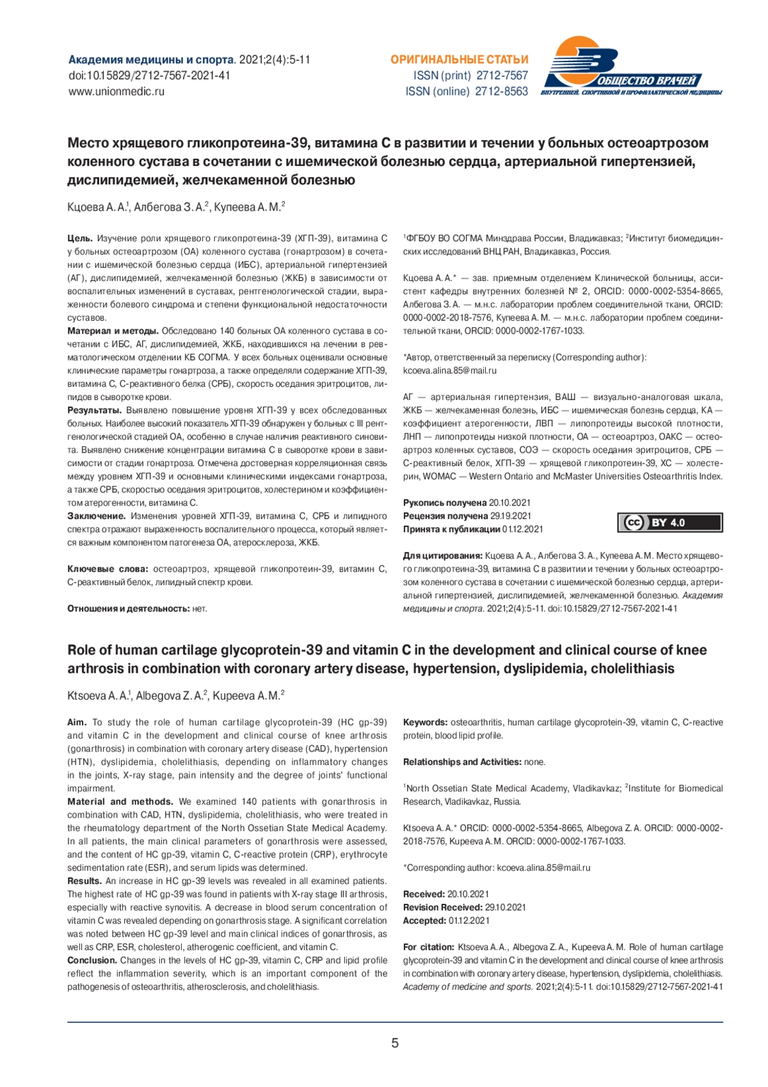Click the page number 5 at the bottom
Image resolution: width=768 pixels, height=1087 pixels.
395,1043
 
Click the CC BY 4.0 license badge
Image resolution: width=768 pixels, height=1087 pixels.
670,523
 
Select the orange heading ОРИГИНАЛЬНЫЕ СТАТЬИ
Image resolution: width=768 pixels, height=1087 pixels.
460,60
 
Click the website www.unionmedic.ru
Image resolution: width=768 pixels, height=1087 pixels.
116,92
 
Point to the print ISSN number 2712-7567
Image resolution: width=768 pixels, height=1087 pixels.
502,76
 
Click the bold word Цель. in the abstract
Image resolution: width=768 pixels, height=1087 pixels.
80,238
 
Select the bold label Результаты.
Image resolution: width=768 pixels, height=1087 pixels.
94,410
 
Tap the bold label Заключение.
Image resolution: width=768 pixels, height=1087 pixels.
97,516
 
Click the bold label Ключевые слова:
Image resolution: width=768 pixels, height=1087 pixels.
108,569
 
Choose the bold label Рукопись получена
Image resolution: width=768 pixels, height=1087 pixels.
445,503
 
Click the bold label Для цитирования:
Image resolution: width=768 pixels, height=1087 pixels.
442,556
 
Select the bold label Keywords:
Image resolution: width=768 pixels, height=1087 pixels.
425,722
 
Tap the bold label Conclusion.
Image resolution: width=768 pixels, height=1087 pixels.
92,960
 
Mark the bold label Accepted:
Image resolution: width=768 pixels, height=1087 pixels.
424,921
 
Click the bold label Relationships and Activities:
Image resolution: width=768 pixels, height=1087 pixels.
462,762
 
